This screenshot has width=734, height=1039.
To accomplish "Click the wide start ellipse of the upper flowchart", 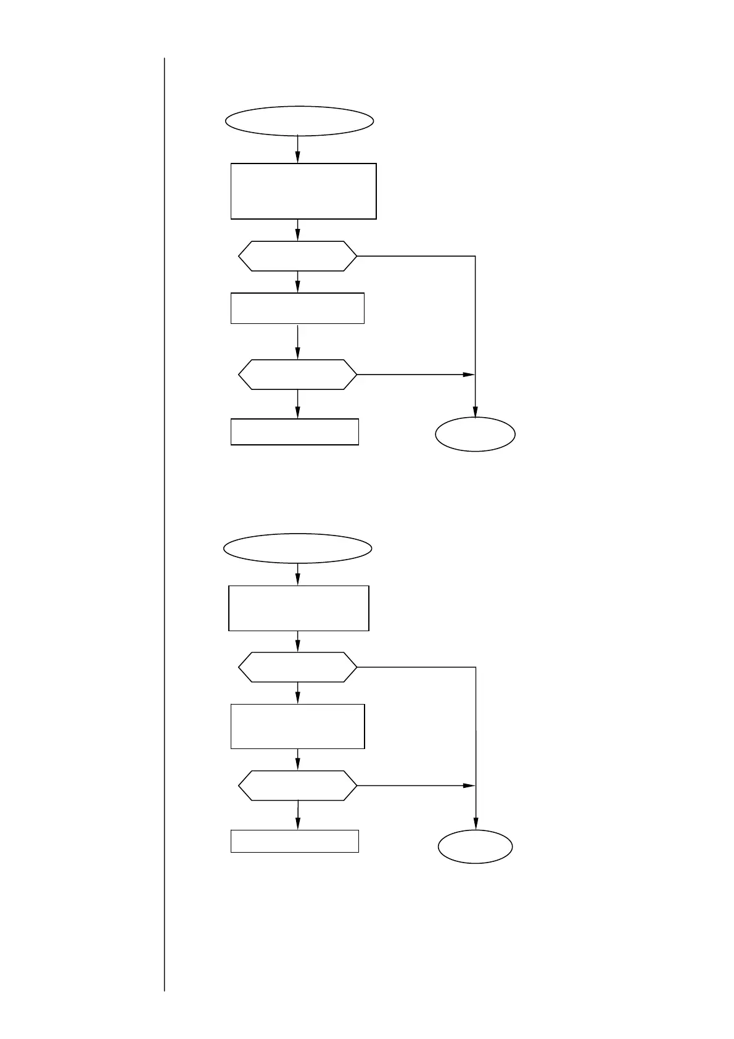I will tap(299, 121).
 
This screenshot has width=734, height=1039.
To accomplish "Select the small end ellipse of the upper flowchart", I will tap(475, 434).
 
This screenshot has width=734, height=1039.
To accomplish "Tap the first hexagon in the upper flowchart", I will tap(297, 256).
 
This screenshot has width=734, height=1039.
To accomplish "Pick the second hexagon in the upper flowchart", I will tap(297, 375).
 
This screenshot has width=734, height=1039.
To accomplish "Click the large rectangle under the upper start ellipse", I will tap(303, 191).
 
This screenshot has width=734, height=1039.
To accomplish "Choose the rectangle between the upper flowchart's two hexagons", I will tap(297, 308).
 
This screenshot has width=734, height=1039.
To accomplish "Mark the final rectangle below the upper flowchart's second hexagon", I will tap(294, 432).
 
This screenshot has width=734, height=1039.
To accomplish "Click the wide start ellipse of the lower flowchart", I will tap(298, 548).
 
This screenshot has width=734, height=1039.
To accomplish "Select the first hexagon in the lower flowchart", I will tap(297, 667).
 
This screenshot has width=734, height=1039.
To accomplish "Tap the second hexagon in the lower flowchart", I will tap(297, 785).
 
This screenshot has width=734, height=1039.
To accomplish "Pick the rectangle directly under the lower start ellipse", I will tap(299, 608).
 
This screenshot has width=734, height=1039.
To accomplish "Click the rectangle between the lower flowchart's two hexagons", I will tap(297, 726).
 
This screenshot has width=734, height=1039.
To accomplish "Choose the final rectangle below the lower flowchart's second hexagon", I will tap(294, 841).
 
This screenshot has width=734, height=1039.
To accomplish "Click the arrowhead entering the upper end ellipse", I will tap(475, 412).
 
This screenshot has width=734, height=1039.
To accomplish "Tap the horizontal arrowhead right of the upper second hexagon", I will tap(469, 375).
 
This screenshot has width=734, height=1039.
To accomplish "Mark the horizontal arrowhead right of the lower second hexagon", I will tap(469, 785).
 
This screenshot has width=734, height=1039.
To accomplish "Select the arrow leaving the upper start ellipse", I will tap(298, 149).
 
